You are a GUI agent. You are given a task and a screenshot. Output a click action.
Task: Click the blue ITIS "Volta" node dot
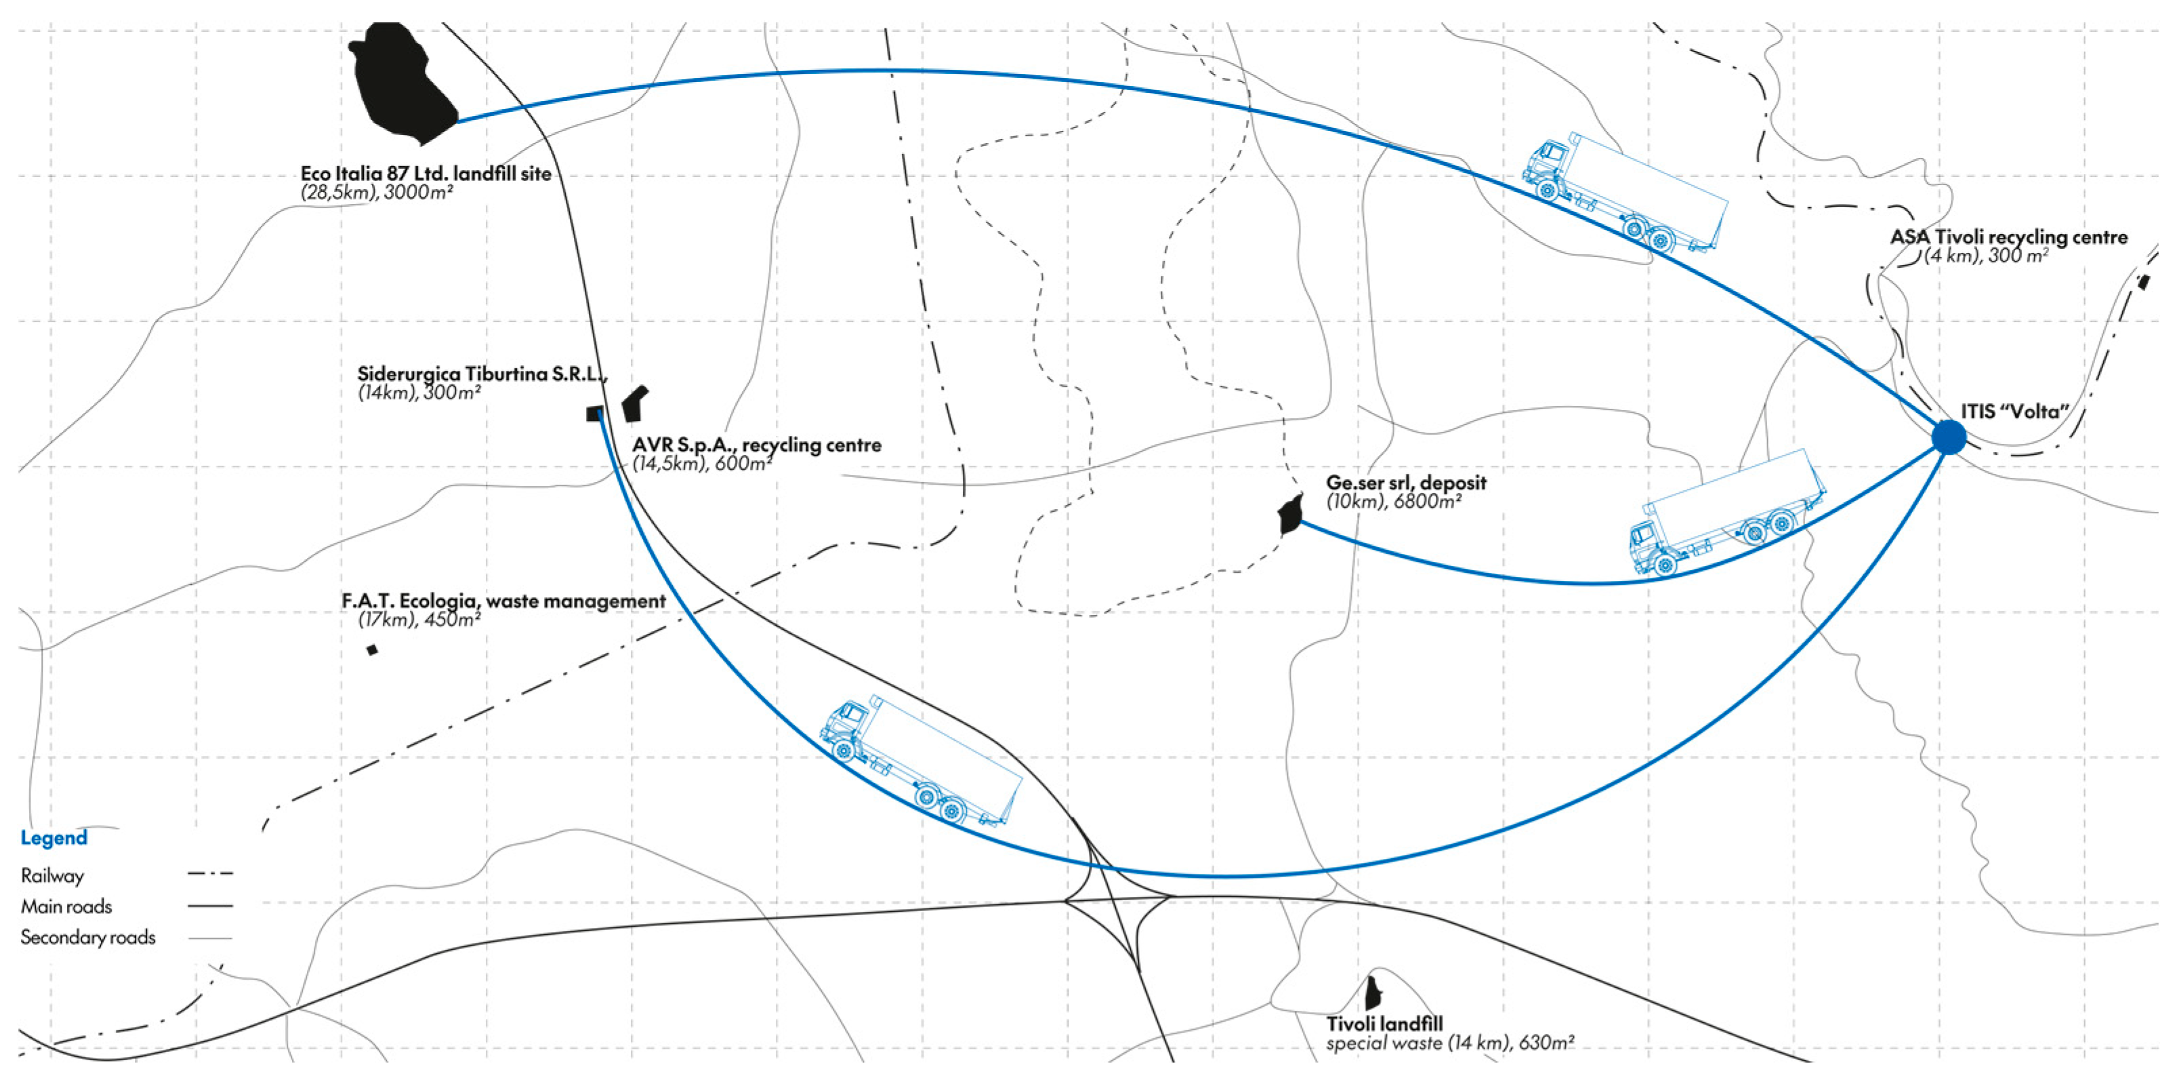pyautogui.click(x=1949, y=437)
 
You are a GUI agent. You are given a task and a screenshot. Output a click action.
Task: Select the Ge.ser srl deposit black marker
pyautogui.click(x=1290, y=515)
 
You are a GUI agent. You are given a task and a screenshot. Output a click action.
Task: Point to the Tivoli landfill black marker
pyautogui.click(x=1373, y=990)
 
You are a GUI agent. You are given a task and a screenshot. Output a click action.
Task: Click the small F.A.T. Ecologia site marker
pyautogui.click(x=371, y=649)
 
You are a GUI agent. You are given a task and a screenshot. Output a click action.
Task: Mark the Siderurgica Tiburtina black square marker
pyautogui.click(x=594, y=414)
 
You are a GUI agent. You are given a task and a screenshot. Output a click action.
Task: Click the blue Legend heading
pyautogui.click(x=54, y=838)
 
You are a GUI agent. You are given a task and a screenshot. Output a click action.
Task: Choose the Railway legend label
pyautogui.click(x=52, y=876)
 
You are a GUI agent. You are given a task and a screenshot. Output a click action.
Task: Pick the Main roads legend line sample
pyautogui.click(x=210, y=906)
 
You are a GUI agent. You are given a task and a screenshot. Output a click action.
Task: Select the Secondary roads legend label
pyautogui.click(x=88, y=938)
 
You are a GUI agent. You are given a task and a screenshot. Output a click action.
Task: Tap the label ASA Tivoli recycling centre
pyautogui.click(x=2009, y=237)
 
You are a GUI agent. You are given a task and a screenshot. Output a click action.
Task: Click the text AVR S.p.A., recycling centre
pyautogui.click(x=757, y=445)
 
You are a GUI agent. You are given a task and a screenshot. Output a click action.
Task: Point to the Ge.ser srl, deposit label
pyautogui.click(x=1406, y=483)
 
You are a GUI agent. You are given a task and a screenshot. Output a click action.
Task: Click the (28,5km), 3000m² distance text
pyautogui.click(x=377, y=193)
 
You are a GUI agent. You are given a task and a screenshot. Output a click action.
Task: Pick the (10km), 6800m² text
pyautogui.click(x=1393, y=502)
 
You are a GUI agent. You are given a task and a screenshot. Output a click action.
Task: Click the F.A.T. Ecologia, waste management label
pyautogui.click(x=503, y=601)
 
